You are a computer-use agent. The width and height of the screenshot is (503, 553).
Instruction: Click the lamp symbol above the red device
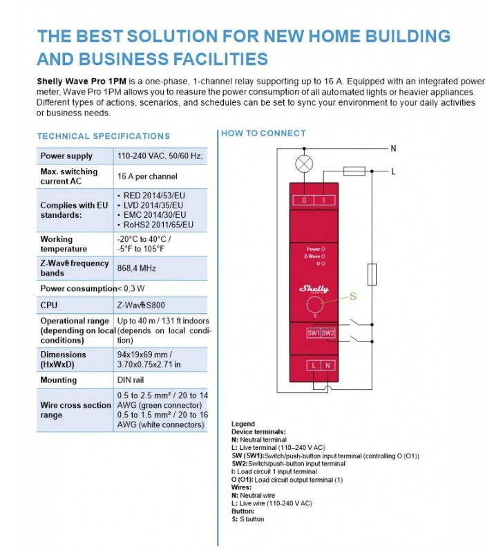303,164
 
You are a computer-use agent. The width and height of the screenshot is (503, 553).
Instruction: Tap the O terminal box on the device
305,200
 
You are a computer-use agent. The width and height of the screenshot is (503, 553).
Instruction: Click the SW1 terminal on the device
313,332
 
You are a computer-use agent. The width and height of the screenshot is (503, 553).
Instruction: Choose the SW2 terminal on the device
328,332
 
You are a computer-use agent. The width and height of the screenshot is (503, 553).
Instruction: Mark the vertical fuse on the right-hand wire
372,274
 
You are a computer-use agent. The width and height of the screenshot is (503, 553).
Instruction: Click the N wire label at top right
394,148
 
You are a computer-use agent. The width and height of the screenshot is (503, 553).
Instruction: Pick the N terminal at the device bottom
326,364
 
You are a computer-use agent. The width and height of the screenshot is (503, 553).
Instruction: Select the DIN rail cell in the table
132,379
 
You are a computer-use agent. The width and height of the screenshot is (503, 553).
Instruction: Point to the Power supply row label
66,156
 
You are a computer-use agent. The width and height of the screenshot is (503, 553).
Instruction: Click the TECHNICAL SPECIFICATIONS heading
103,136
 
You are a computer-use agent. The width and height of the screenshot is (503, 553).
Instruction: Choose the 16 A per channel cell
147,176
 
